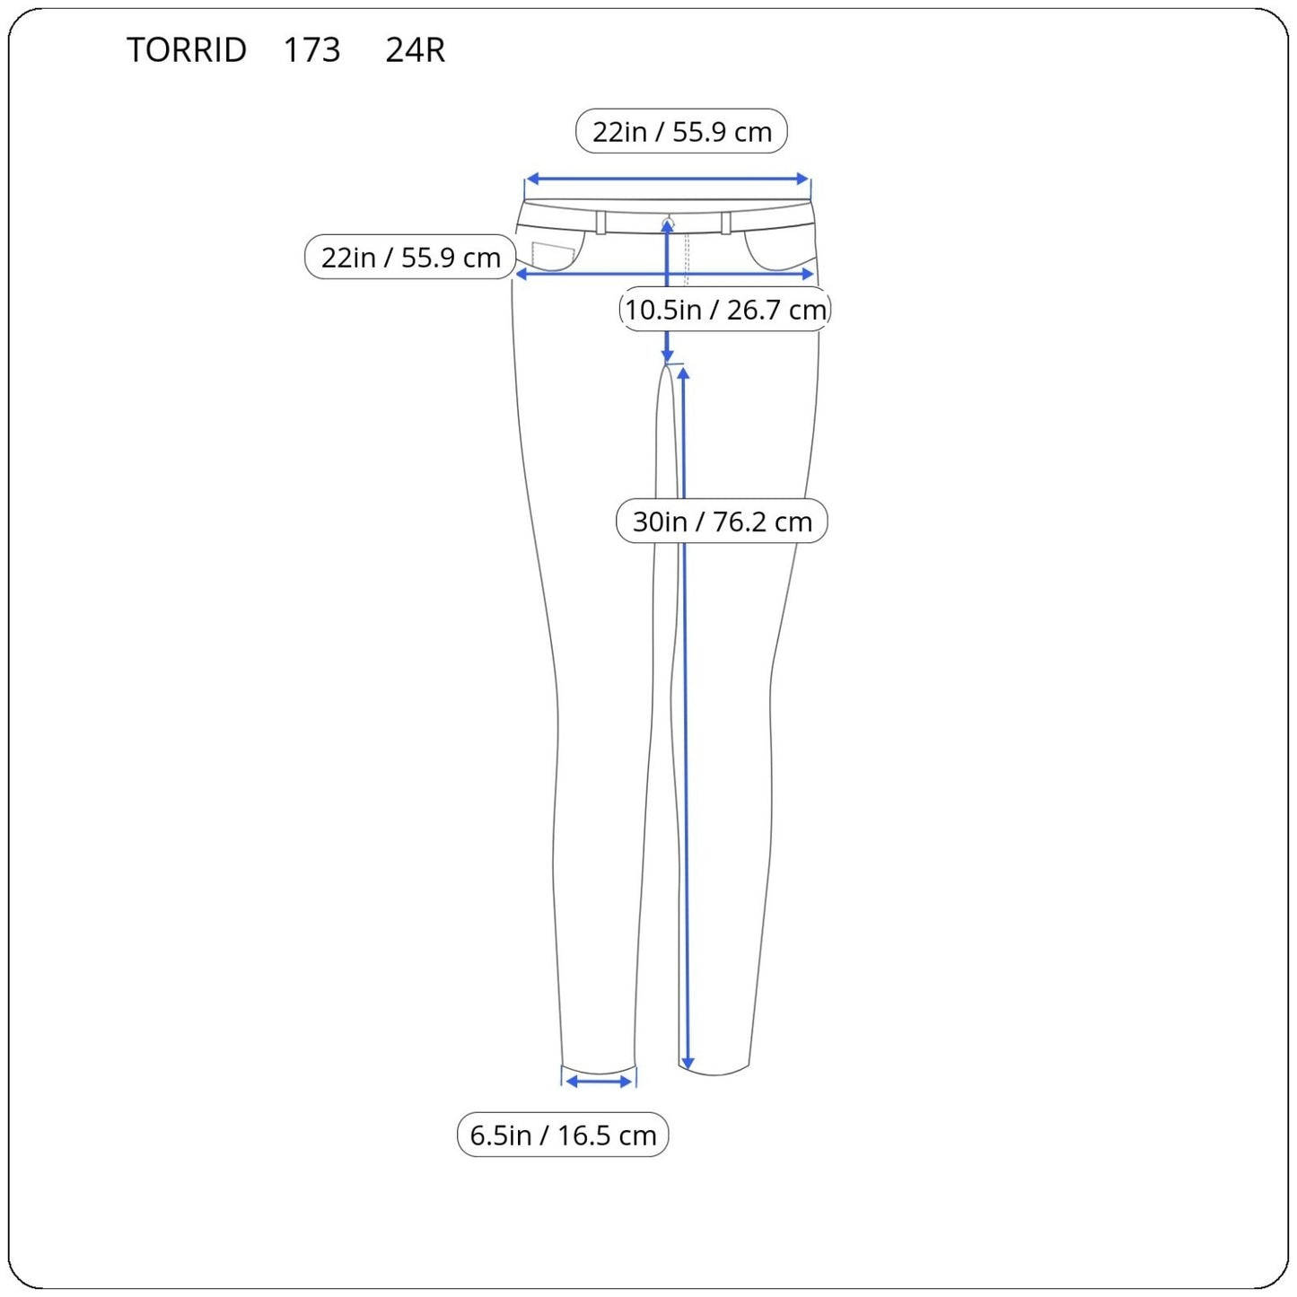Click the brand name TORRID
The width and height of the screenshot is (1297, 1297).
click(x=187, y=49)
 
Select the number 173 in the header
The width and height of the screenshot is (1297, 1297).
click(x=311, y=49)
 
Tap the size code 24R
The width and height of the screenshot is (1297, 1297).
click(x=415, y=49)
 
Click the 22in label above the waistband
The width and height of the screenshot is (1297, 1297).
click(x=681, y=131)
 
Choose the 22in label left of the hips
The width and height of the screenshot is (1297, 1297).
click(x=410, y=257)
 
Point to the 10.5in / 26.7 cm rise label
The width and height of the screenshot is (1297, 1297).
click(x=725, y=309)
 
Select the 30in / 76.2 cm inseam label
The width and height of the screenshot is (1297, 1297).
click(x=722, y=521)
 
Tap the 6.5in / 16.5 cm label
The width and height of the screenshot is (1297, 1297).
click(x=563, y=1135)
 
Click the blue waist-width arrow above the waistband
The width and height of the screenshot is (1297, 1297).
click(x=667, y=179)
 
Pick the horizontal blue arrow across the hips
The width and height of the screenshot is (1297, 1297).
click(x=665, y=274)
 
